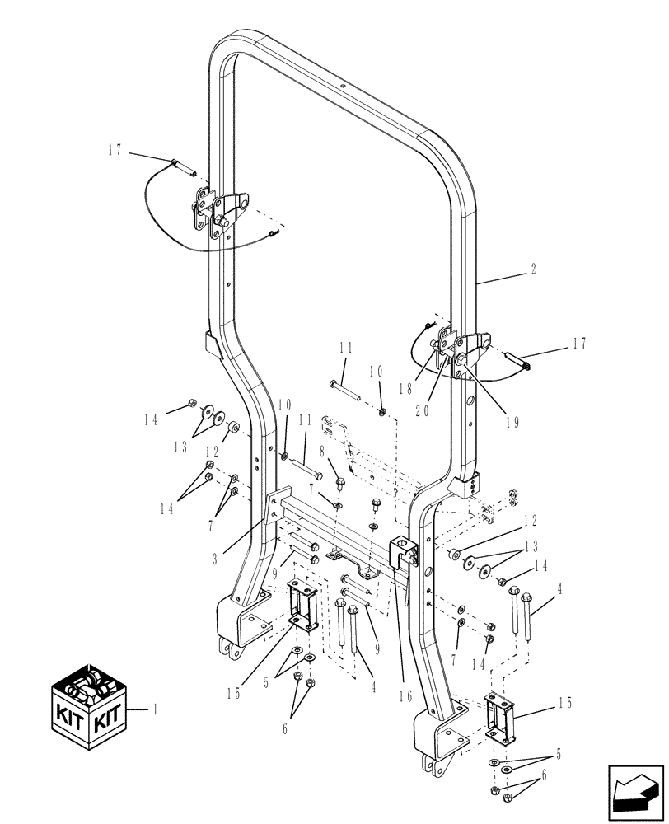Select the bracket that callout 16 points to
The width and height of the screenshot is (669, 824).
point(402,550)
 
